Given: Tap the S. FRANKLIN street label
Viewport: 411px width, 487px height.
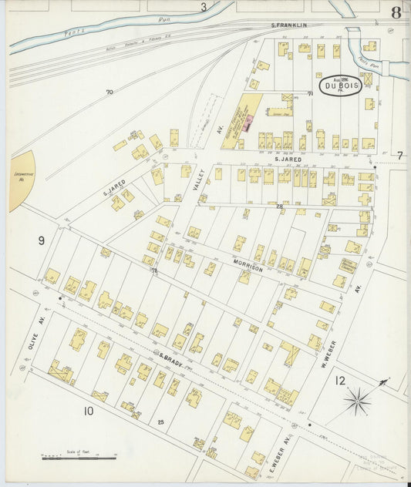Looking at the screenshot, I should pyautogui.click(x=289, y=25).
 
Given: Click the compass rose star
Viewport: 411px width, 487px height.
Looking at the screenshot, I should pyautogui.click(x=357, y=399).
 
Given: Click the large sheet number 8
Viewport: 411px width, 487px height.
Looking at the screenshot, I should pyautogui.click(x=396, y=12).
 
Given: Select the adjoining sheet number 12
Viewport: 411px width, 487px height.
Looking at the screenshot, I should pyautogui.click(x=340, y=379).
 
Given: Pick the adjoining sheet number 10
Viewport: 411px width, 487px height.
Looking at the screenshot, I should pyautogui.click(x=89, y=411).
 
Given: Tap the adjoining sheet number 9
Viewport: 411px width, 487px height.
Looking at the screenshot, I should pyautogui.click(x=41, y=240).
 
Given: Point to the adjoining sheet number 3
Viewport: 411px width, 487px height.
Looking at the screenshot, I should pyautogui.click(x=204, y=8).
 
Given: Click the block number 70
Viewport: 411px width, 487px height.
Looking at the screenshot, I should pyautogui.click(x=109, y=92).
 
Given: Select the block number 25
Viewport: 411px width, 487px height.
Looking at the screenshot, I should pyautogui.click(x=161, y=422).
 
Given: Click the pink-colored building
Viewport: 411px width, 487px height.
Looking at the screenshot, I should pyautogui.click(x=249, y=122).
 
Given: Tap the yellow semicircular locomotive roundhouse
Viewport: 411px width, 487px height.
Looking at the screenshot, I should pyautogui.click(x=22, y=181).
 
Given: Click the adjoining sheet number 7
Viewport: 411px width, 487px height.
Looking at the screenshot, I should pyautogui.click(x=399, y=156).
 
